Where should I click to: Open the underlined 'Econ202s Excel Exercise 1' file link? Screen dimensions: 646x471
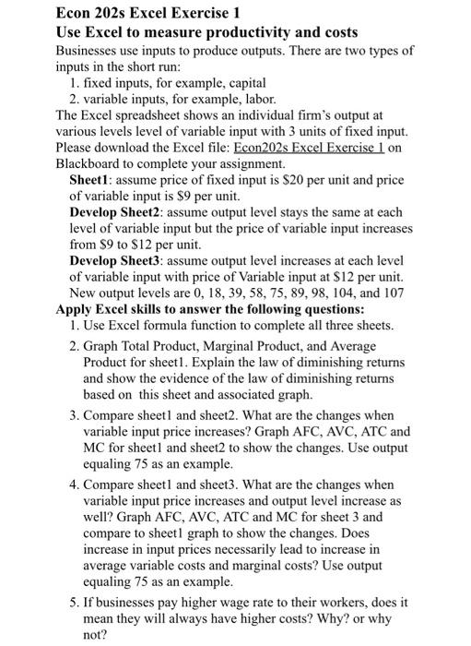pyautogui.click(x=310, y=148)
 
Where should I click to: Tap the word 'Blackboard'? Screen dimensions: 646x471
pyautogui.click(x=89, y=163)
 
